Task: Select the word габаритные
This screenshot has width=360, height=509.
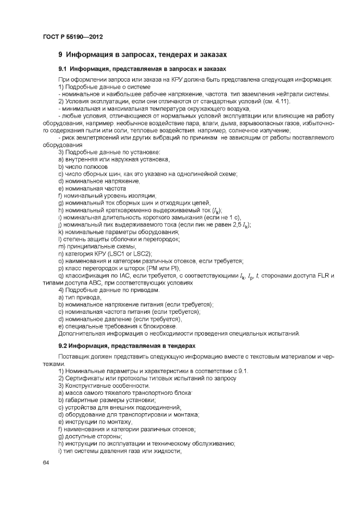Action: tap(81, 400)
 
